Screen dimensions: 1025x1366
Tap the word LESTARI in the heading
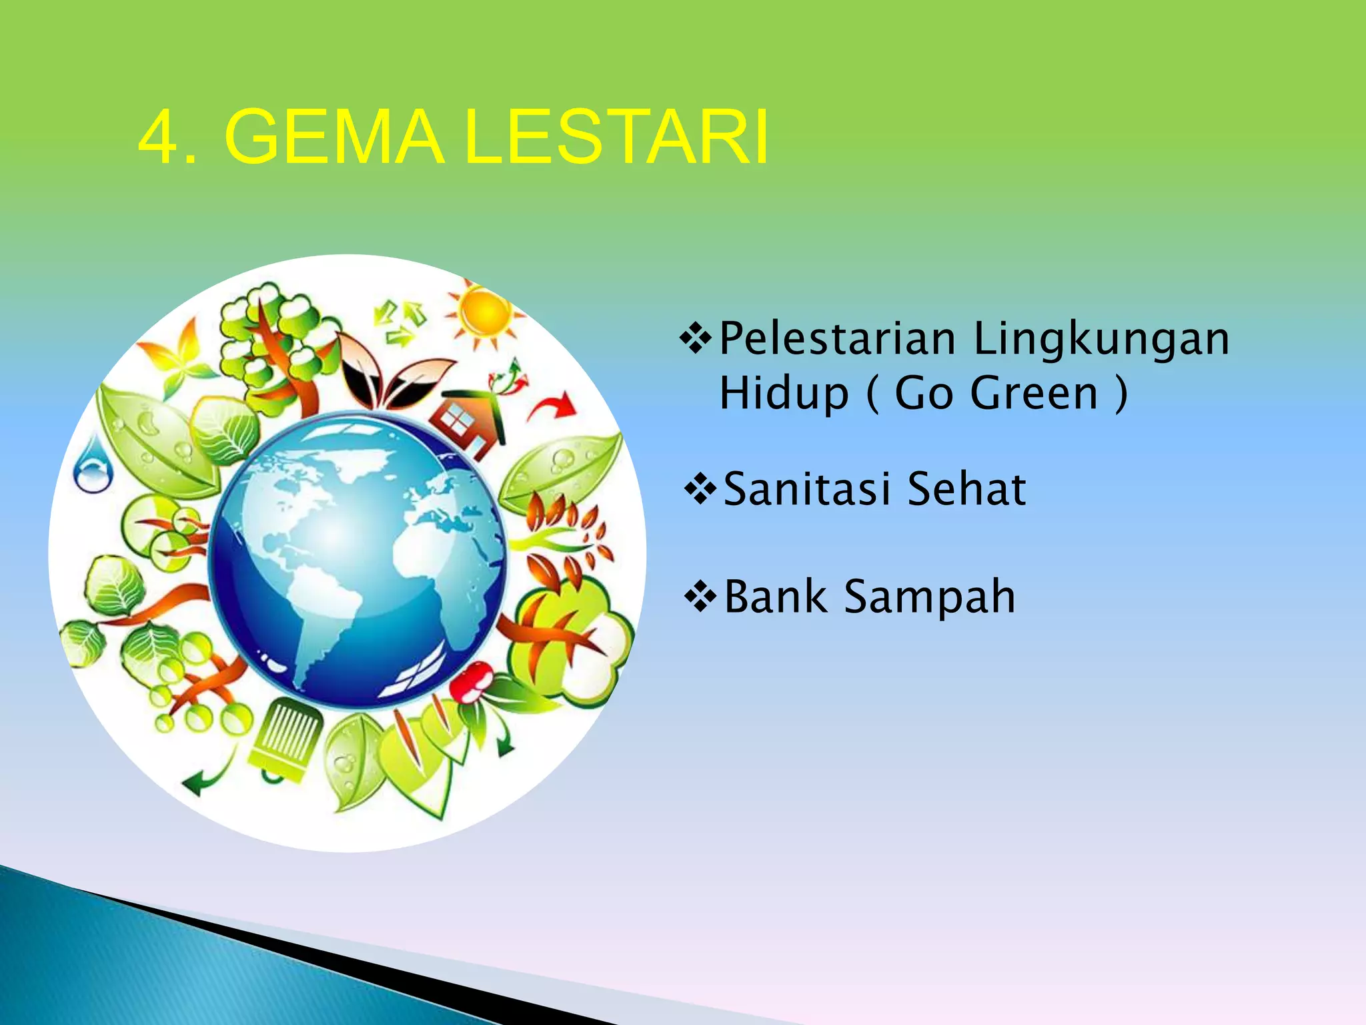(617, 138)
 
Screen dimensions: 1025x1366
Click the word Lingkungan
(1101, 340)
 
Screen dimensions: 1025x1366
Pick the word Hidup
(784, 394)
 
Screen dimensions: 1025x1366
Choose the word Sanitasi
(807, 489)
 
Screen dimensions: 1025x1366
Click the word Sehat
(966, 489)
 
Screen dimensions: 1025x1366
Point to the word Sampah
(930, 597)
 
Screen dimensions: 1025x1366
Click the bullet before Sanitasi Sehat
(700, 489)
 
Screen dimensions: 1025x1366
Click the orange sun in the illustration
(486, 312)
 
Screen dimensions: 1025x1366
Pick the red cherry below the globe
(470, 682)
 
